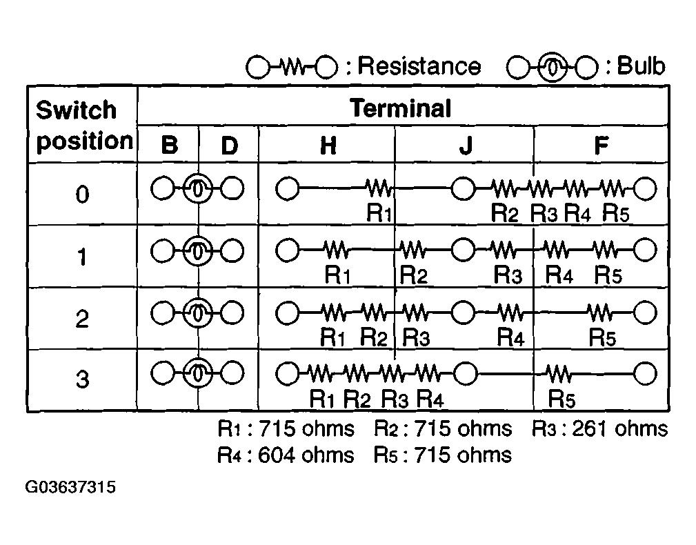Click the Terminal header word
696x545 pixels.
(x=400, y=108)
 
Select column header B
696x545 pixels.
(x=170, y=145)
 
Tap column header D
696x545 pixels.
(x=230, y=145)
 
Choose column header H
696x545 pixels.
(x=328, y=145)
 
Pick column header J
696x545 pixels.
(x=466, y=145)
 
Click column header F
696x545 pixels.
(x=601, y=145)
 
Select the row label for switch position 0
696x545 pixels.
(x=82, y=195)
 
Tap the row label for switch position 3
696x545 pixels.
(x=82, y=379)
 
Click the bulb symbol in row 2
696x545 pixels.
(x=198, y=313)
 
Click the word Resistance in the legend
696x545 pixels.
(x=419, y=66)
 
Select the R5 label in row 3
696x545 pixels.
(x=561, y=399)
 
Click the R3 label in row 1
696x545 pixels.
(x=508, y=275)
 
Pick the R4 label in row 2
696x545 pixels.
(x=510, y=337)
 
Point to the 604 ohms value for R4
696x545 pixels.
(x=306, y=455)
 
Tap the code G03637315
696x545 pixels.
(x=70, y=487)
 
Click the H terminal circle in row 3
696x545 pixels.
(x=287, y=374)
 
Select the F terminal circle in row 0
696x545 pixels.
(x=645, y=188)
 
